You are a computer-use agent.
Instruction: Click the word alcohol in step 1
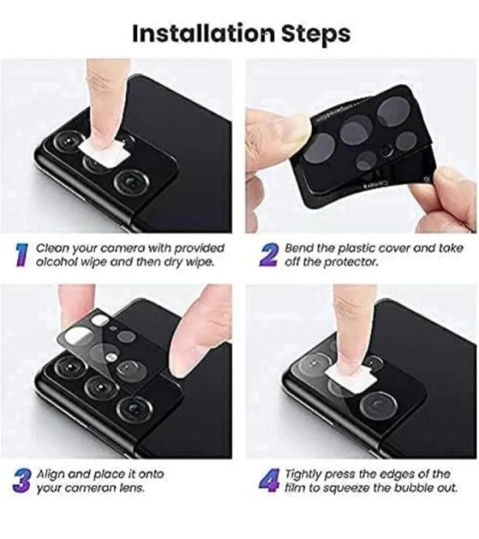(58, 263)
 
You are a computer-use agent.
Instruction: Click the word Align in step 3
(52, 474)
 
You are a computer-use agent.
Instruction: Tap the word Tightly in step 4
(305, 474)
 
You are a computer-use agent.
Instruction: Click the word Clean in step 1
(52, 248)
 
